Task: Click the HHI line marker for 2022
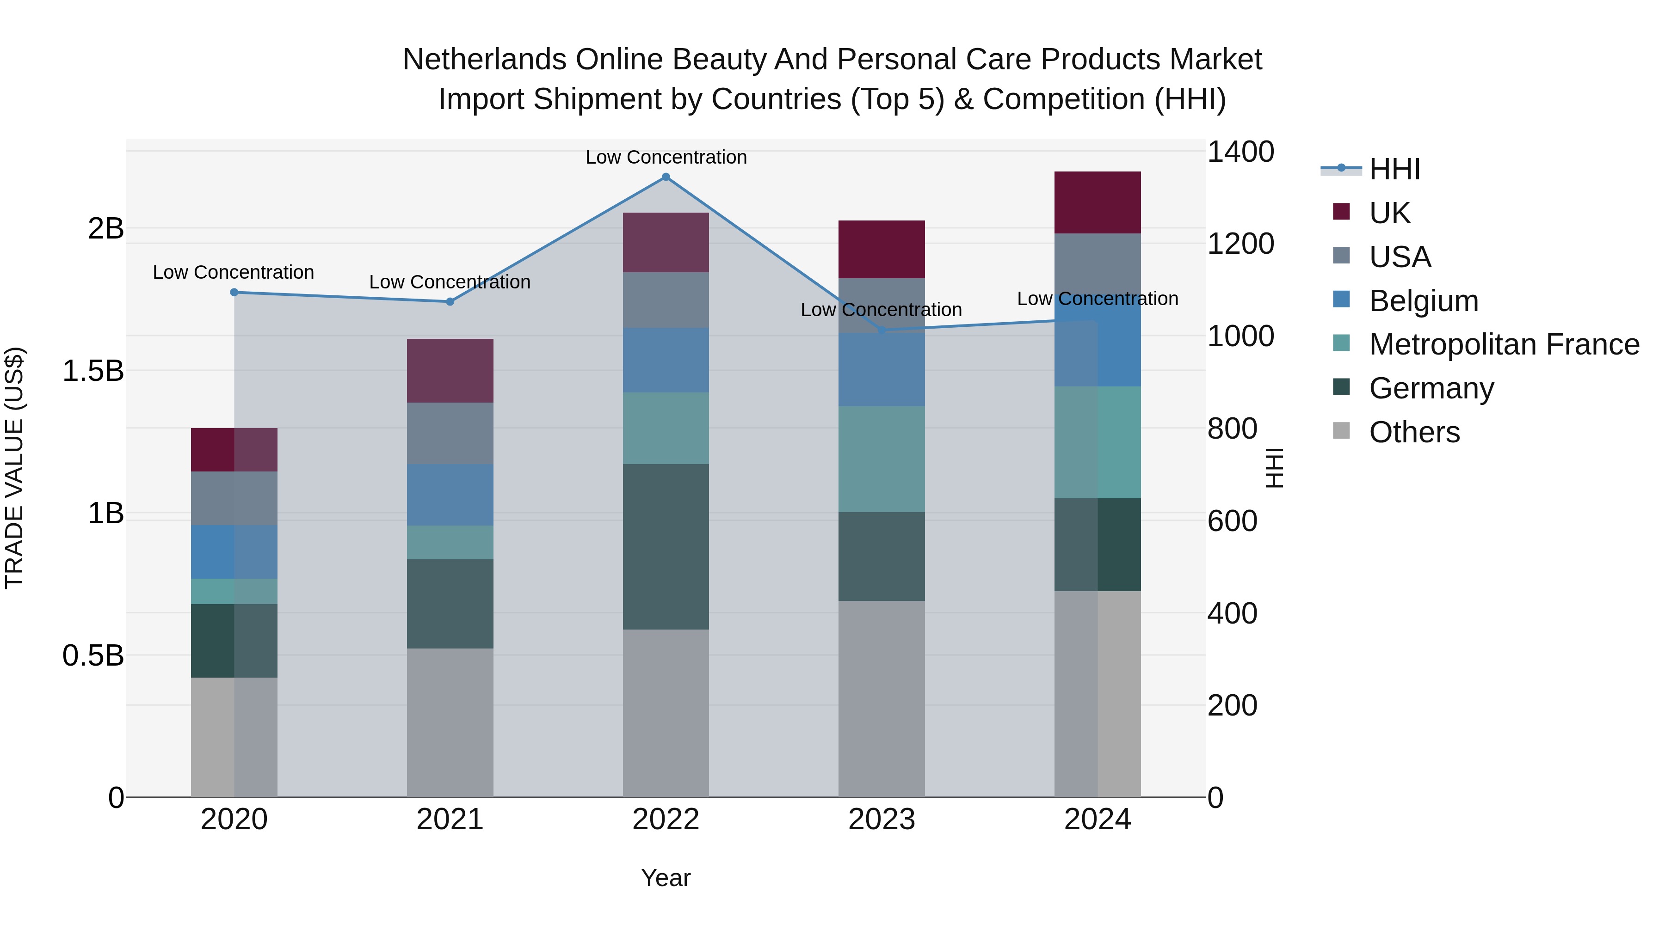point(666,177)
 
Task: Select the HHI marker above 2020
point(234,292)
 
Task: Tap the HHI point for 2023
point(882,330)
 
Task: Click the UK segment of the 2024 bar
point(1097,202)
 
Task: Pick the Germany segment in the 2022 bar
point(666,546)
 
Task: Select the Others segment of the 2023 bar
point(882,698)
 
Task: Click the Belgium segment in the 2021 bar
point(450,494)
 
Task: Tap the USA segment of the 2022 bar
point(666,300)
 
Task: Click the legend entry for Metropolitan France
point(1504,344)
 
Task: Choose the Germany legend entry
point(1431,388)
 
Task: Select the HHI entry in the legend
point(1394,169)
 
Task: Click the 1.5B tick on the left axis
point(93,371)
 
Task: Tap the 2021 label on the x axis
point(450,820)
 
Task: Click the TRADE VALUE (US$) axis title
point(14,468)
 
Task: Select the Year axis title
point(666,878)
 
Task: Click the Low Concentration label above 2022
point(666,157)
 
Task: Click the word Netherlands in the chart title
point(485,60)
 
